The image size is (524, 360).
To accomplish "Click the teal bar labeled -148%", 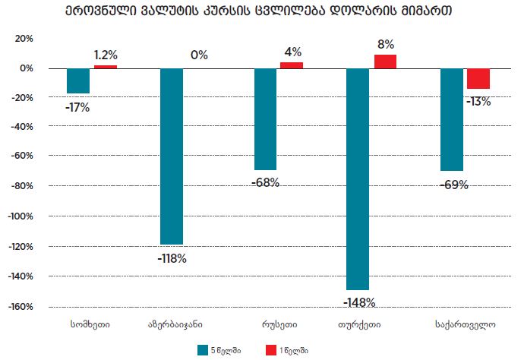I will [x=358, y=178].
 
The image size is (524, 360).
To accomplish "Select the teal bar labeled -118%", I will [x=171, y=156].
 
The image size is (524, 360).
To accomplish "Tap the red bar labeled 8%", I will [x=385, y=62].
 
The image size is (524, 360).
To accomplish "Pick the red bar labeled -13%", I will [x=478, y=78].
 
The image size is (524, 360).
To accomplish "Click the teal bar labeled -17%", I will [x=78, y=81].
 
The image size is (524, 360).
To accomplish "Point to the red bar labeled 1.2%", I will [x=106, y=67].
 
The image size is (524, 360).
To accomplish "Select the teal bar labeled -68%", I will [x=265, y=118].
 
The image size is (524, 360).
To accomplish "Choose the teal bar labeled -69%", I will [x=452, y=119].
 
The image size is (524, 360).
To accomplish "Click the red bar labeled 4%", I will [x=292, y=65].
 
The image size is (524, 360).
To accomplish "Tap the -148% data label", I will [x=359, y=302].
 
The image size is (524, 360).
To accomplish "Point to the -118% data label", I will [x=172, y=258].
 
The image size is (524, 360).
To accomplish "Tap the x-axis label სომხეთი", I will [x=90, y=324].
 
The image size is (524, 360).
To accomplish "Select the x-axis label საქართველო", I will [x=466, y=324].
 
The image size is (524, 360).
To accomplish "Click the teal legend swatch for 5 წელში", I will [x=203, y=349].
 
